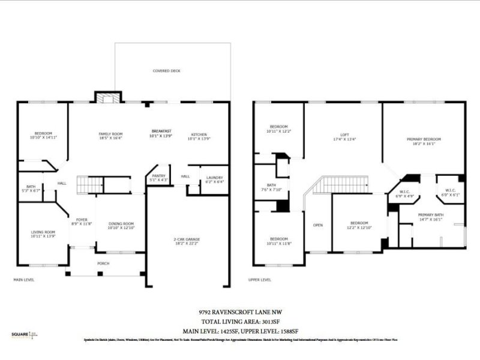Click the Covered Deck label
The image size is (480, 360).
[x=166, y=71]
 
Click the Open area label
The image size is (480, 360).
[x=318, y=226]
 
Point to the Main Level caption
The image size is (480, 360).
[x=25, y=280]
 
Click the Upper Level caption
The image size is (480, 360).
[x=260, y=280]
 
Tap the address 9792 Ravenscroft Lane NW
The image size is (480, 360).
[x=240, y=313]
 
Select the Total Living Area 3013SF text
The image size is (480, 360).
[x=240, y=322]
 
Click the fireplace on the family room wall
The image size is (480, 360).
[x=109, y=97]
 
